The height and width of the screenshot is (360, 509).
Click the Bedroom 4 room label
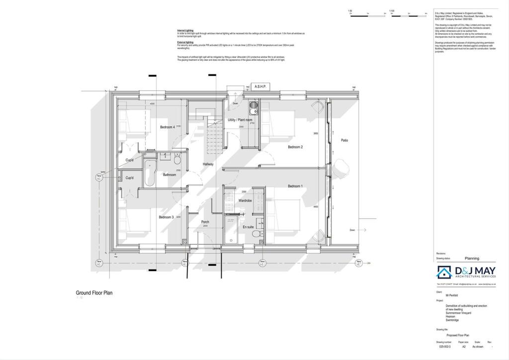167,127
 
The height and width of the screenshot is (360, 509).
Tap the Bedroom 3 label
166,217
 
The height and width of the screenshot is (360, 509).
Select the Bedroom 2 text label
295,147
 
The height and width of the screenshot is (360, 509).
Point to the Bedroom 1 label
295,186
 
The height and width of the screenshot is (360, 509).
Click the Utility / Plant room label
240,120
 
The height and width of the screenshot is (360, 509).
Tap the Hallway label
208,164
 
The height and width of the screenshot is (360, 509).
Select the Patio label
344,140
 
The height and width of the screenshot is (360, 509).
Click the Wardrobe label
245,200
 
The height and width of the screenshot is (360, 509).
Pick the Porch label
205,222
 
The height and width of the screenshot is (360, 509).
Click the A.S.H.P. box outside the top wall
260,87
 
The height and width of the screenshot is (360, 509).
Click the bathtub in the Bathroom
149,173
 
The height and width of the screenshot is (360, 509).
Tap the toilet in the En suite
256,234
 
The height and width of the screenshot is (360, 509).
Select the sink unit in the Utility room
252,108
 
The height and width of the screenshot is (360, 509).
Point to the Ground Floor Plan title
94,293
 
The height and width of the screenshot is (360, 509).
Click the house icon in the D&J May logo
443,272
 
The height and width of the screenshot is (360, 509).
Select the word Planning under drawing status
472,259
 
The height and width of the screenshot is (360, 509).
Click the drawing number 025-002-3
444,347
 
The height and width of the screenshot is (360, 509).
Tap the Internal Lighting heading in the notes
185,30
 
